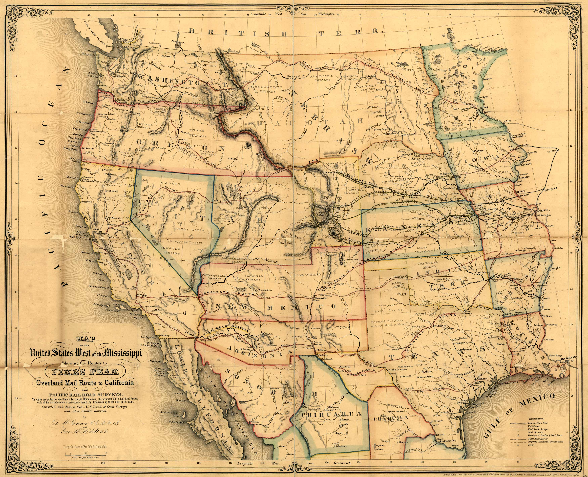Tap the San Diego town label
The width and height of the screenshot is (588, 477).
165,335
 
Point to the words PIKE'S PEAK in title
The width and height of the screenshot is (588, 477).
86,372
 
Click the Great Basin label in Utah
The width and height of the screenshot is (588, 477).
190,230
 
